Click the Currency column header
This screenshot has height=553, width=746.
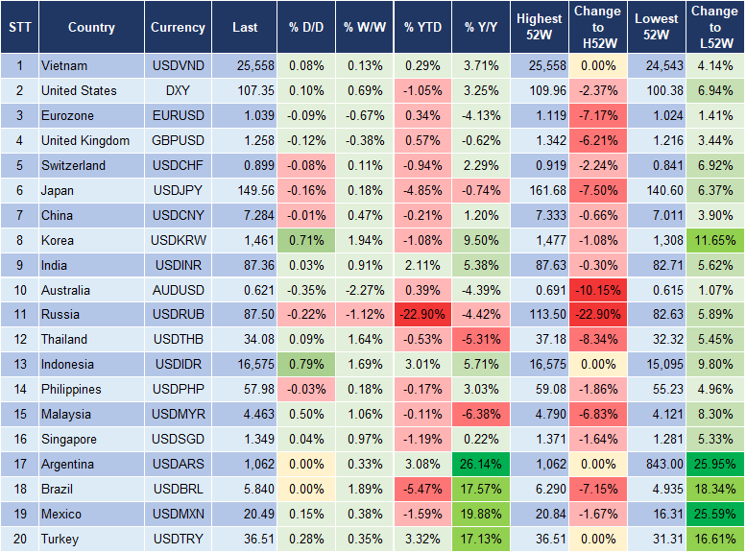tap(178, 28)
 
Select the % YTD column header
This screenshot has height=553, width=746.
tap(422, 28)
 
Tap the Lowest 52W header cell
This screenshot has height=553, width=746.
tap(657, 28)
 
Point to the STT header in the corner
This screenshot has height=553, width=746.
tap(19, 28)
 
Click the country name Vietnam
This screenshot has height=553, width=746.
tap(64, 65)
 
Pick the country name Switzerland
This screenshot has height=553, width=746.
tap(73, 165)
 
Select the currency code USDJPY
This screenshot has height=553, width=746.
tap(178, 190)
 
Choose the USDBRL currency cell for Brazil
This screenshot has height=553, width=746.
tap(178, 490)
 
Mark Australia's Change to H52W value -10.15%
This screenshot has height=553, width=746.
tap(597, 290)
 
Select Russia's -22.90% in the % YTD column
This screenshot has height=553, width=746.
tap(422, 315)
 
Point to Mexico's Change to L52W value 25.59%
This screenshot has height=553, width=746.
tap(715, 515)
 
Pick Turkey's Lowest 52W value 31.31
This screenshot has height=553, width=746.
tap(657, 540)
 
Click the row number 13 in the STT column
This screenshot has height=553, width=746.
tap(19, 365)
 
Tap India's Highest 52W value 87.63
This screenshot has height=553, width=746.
tap(541, 265)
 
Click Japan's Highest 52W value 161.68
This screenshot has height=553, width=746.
tap(541, 190)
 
